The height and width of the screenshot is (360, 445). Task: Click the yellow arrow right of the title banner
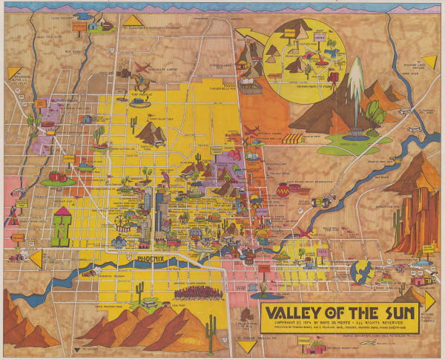[429, 298]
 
